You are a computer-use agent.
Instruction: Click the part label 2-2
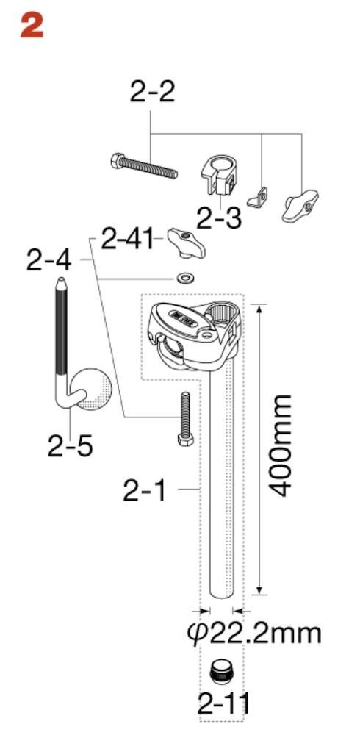152,92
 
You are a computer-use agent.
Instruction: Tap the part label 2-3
219,218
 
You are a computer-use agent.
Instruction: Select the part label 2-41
127,240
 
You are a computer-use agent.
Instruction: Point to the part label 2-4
48,261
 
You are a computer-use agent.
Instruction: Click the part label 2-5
70,446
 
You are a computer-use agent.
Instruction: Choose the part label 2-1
145,491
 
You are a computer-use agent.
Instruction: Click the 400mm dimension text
282,446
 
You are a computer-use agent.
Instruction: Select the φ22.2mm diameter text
254,634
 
